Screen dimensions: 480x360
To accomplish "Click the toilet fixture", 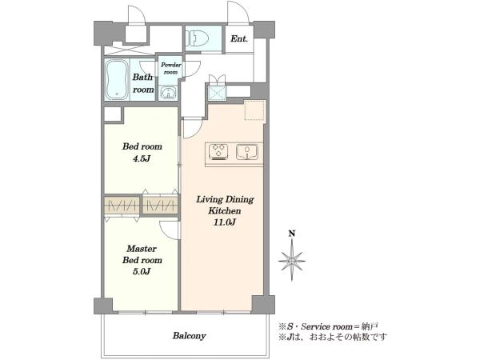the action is pyautogui.click(x=197, y=38).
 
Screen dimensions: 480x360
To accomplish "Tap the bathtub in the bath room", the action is pyautogui.click(x=117, y=79).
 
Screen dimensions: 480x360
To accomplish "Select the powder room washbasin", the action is pyautogui.click(x=167, y=93).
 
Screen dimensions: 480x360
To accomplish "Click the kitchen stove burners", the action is pyautogui.click(x=218, y=152).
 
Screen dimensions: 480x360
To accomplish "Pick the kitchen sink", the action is pyautogui.click(x=246, y=152).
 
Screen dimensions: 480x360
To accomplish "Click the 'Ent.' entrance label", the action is pyautogui.click(x=239, y=39).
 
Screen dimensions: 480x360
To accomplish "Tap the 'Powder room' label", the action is pyautogui.click(x=171, y=68).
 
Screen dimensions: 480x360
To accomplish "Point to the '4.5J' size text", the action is pyautogui.click(x=141, y=159).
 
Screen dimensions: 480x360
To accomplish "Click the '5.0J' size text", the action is pyautogui.click(x=142, y=271).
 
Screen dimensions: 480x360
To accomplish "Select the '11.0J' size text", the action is pyautogui.click(x=224, y=222).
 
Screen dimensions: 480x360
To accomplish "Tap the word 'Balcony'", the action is pyautogui.click(x=189, y=336).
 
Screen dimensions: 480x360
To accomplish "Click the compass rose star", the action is pyautogui.click(x=292, y=261).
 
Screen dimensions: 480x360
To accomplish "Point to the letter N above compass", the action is pyautogui.click(x=292, y=234).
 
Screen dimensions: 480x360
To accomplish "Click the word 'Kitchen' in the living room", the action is pyautogui.click(x=224, y=211).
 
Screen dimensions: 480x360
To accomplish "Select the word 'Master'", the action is pyautogui.click(x=142, y=248).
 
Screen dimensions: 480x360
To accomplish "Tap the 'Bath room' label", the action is pyautogui.click(x=143, y=83).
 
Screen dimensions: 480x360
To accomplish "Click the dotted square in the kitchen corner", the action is pyautogui.click(x=254, y=110).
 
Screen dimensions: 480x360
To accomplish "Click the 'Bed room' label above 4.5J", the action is pyautogui.click(x=142, y=146).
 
